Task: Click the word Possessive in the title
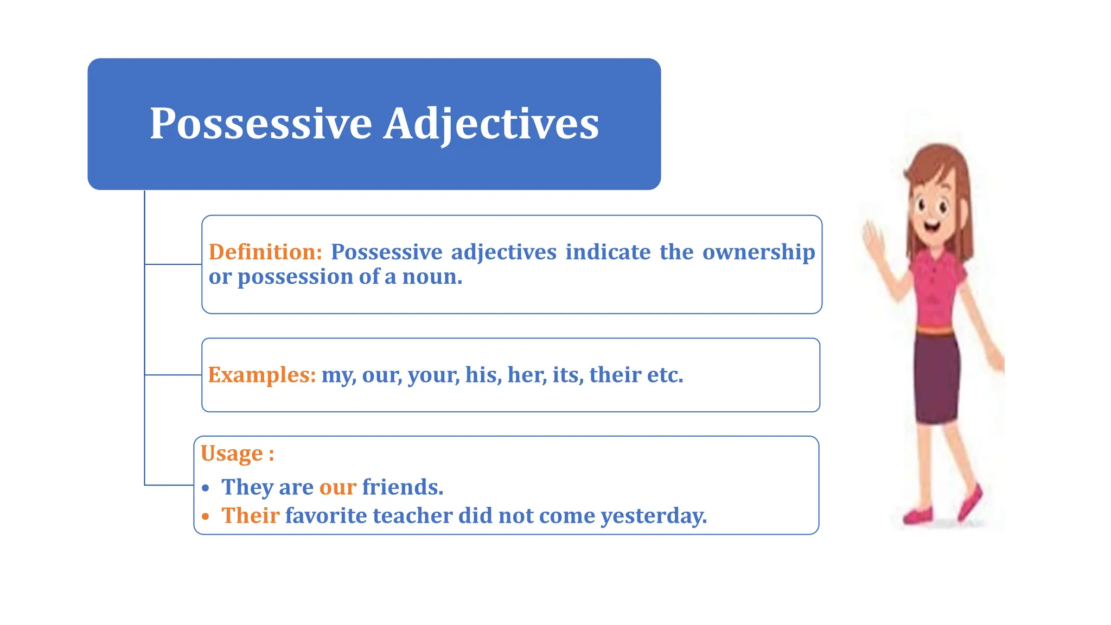pos(260,124)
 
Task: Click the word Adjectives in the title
pos(491,124)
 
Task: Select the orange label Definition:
pos(265,252)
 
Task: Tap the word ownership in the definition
pos(758,252)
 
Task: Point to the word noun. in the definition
pos(432,277)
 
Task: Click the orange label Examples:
pos(261,375)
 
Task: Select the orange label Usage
pos(232,454)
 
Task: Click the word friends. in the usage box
pos(403,487)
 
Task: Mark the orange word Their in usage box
pos(250,515)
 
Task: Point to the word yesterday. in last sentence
pos(654,516)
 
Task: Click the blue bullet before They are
pos(205,488)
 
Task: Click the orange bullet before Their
pos(205,516)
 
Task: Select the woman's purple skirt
pos(936,380)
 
